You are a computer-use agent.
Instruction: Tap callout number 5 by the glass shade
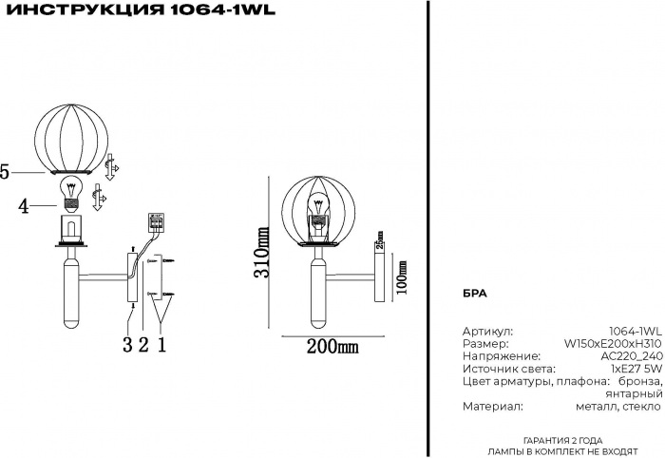[x=6, y=172]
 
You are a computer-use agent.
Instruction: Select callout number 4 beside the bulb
[x=24, y=203]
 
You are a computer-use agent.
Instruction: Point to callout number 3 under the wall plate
[x=126, y=344]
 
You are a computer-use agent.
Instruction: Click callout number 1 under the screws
[x=161, y=344]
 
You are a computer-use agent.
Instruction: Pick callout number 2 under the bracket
[x=143, y=344]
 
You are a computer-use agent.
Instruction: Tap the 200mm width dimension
[x=332, y=346]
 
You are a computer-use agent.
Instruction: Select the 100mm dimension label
[x=402, y=277]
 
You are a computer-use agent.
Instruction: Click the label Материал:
[x=492, y=406]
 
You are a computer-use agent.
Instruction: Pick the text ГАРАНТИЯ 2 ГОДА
[x=562, y=440]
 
